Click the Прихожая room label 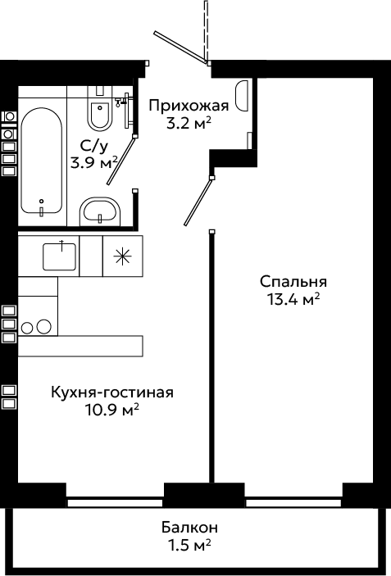tap(189, 107)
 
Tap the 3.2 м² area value tap(189, 125)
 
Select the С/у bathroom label tap(94, 147)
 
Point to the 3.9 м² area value tap(94, 163)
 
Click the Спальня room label tap(293, 283)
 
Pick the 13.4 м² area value tap(293, 300)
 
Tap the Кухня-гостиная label tap(112, 392)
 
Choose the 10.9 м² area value tap(112, 410)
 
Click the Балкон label tap(189, 528)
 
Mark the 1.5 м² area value tap(189, 545)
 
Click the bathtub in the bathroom tap(41, 161)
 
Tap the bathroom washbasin tap(100, 212)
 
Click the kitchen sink tap(60, 256)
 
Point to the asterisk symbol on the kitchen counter tap(122, 256)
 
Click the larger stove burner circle tap(43, 326)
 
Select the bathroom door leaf tap(121, 160)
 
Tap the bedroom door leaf tap(198, 202)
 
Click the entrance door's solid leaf tap(181, 48)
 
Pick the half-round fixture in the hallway tap(242, 96)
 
